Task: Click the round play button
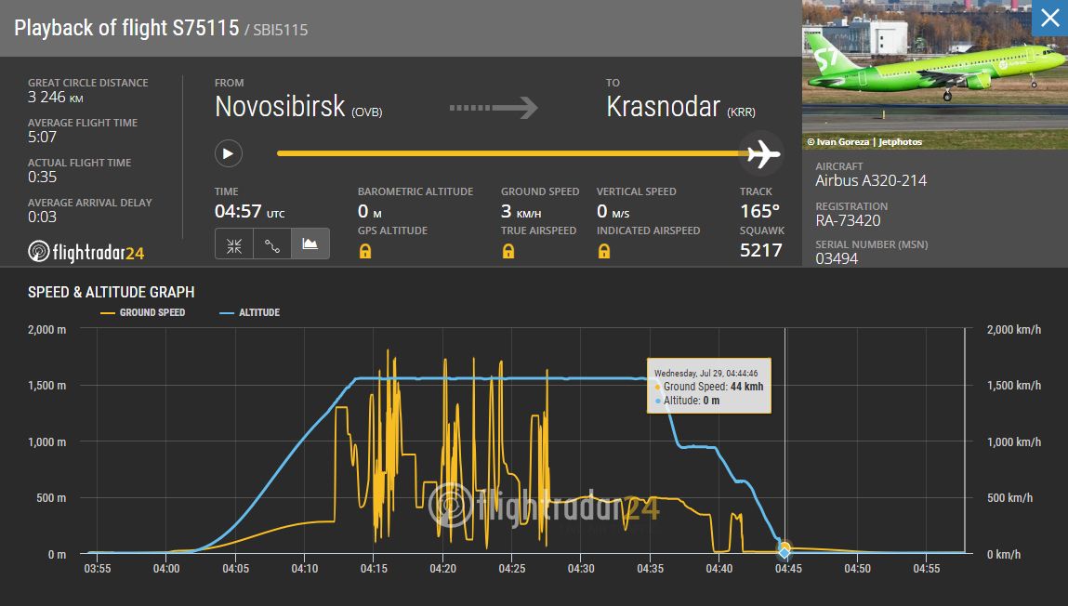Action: click(x=228, y=153)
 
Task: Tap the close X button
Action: click(x=1049, y=18)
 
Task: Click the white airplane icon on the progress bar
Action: click(x=763, y=154)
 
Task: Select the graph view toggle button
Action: click(x=310, y=244)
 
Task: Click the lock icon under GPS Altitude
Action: click(x=365, y=251)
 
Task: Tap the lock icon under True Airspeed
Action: click(x=508, y=251)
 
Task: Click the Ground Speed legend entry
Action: click(x=143, y=312)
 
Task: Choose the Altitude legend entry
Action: click(x=249, y=312)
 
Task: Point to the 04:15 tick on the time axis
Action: click(x=374, y=569)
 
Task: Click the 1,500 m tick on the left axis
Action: click(x=47, y=386)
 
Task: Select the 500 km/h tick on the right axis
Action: click(x=1009, y=498)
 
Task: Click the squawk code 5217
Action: click(x=761, y=251)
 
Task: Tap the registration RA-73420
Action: click(x=848, y=220)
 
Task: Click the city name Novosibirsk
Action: click(x=280, y=107)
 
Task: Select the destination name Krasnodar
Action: click(x=663, y=107)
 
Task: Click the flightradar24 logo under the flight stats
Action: click(x=86, y=252)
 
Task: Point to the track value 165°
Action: click(x=759, y=211)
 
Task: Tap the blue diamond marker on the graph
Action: click(x=785, y=553)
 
